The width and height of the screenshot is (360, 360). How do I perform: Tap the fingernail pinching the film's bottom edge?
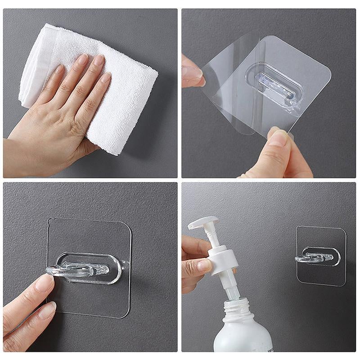pyautogui.click(x=278, y=137)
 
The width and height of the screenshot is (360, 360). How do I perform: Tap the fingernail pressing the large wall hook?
pyautogui.click(x=45, y=283)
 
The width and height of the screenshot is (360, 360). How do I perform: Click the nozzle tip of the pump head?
pyautogui.click(x=191, y=225)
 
